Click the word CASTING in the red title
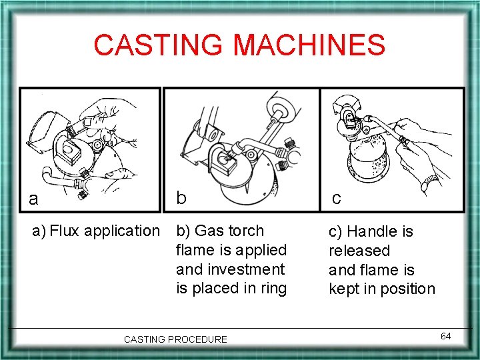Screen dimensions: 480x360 157,45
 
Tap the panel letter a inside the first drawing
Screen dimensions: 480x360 33,199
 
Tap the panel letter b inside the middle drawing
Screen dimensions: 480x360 181,197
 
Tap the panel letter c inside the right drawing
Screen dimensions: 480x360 337,199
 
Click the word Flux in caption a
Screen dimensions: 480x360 64,231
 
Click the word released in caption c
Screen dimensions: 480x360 359,251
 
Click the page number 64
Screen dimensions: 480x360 445,336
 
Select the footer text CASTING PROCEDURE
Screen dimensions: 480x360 175,339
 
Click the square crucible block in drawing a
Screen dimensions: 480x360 68,151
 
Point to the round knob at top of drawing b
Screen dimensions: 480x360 279,108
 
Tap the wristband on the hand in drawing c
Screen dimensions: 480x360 430,183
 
